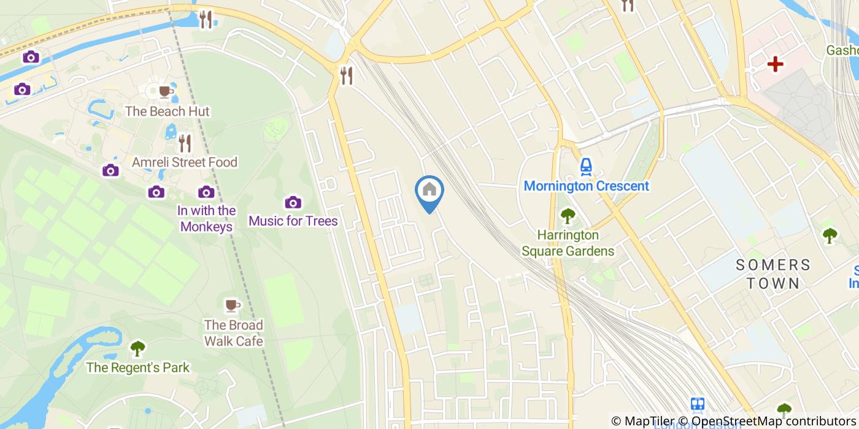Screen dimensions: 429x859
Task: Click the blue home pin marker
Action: click(x=429, y=191)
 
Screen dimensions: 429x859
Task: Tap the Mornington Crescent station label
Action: click(x=586, y=186)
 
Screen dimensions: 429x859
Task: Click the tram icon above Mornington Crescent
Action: click(x=586, y=166)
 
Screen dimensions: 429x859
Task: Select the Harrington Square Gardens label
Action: click(x=568, y=243)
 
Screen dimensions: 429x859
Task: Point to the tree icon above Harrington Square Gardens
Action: click(x=568, y=216)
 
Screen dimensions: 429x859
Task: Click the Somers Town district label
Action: click(x=772, y=273)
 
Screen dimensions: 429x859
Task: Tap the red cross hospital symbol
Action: click(x=776, y=64)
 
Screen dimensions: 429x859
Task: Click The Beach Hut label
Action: click(x=167, y=112)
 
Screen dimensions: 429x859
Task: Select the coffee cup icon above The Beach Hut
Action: click(x=165, y=92)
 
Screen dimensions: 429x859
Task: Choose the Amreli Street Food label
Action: click(x=185, y=162)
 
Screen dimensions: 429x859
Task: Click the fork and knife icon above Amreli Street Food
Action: click(x=185, y=143)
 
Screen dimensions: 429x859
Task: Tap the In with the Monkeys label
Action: click(x=206, y=218)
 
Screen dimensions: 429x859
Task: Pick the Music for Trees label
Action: click(x=293, y=221)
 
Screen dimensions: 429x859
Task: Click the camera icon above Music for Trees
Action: click(x=293, y=202)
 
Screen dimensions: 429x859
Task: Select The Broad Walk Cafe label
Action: click(x=233, y=333)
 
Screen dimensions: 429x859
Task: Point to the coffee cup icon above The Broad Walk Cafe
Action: click(x=232, y=305)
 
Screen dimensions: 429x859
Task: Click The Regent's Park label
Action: click(x=137, y=368)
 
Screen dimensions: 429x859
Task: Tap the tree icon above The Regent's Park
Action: click(x=137, y=348)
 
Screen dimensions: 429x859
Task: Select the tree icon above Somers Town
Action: click(x=830, y=235)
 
